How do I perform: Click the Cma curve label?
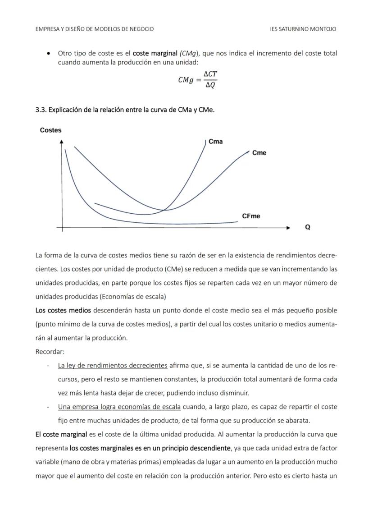tap(216, 142)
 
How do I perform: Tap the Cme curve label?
tap(259, 153)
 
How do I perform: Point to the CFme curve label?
tap(251, 216)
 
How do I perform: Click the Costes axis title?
tap(50, 130)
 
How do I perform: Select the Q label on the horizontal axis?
tap(308, 227)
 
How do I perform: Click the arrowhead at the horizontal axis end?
tap(289, 228)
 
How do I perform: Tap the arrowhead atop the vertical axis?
tap(62, 142)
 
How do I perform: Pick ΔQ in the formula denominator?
tap(210, 85)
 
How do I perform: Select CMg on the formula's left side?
tap(186, 80)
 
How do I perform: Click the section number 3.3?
tap(41, 110)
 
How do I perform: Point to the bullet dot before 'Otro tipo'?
tap(49, 54)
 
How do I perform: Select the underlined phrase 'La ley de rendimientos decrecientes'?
tap(113, 365)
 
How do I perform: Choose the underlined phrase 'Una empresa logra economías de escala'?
tap(119, 407)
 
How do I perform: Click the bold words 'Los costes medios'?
tap(63, 310)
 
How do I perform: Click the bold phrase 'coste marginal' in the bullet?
tap(155, 53)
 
